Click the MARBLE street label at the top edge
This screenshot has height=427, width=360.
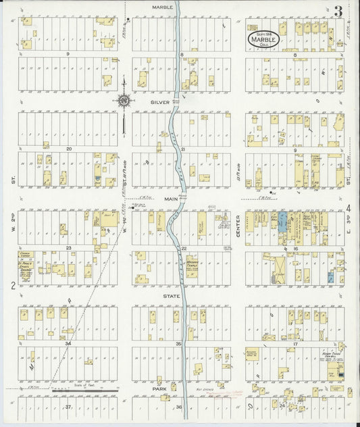point(162,7)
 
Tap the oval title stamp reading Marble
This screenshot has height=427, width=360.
point(259,40)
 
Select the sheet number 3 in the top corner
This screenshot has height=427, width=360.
point(336,11)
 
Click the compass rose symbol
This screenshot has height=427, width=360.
point(124,101)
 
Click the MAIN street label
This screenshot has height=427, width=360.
point(170,199)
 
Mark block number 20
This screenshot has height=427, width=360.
point(68,149)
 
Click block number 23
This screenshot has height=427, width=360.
point(68,248)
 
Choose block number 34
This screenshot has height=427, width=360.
point(68,344)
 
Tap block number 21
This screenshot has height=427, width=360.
point(182,149)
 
